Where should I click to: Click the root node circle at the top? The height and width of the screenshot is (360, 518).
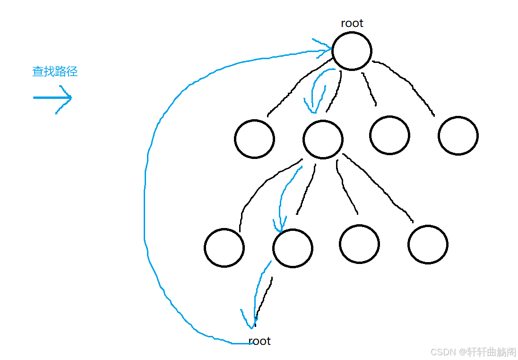352,51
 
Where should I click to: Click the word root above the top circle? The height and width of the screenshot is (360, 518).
352,23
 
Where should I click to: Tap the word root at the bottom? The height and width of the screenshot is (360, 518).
259,341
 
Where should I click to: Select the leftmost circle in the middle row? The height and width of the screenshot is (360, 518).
254,139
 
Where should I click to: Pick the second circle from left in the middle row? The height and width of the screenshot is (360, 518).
323,139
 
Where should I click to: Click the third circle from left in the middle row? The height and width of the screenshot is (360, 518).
389,135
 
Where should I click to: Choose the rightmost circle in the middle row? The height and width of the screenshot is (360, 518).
458,135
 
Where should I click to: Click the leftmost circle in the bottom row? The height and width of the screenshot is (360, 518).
224,248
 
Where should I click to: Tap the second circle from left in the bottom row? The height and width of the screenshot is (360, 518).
293,248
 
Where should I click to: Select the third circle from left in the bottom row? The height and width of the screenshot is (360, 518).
359,244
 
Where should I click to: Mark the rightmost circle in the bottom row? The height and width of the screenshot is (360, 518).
428,244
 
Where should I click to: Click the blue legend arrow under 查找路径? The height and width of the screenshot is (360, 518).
52,98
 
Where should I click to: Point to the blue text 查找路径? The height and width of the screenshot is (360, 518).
55,71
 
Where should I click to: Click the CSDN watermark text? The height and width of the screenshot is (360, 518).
473,352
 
